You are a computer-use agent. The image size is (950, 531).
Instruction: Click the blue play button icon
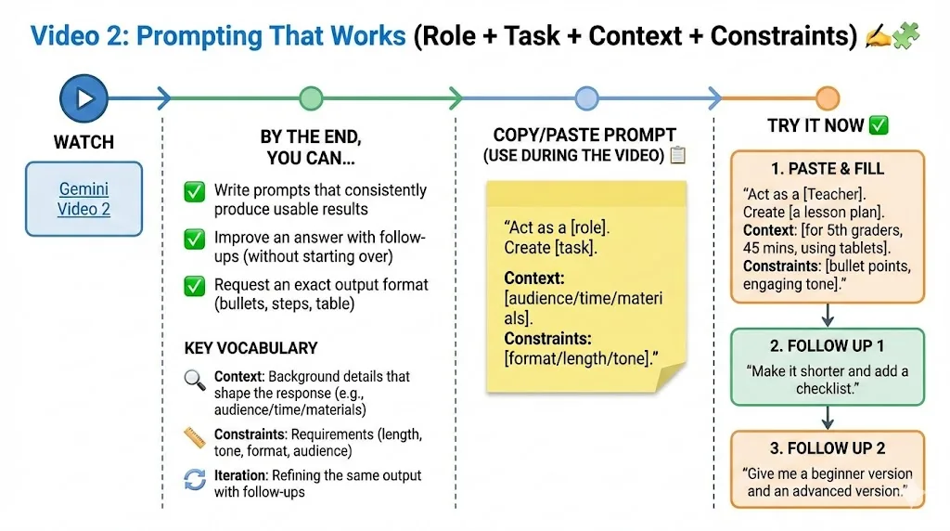pos(83,98)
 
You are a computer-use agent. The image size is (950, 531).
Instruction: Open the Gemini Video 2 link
pos(83,199)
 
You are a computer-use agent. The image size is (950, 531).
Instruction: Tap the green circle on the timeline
pos(311,98)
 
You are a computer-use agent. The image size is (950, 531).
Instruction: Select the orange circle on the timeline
pos(827,98)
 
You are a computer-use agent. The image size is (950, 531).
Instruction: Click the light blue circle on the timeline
pos(586,98)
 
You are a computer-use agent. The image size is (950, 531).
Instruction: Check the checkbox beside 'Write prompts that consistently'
pos(195,191)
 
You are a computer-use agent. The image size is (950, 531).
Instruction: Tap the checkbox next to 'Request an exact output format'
pos(195,286)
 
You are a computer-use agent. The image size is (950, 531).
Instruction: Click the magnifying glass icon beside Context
pos(195,380)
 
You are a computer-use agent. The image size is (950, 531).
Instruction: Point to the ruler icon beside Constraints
pos(195,437)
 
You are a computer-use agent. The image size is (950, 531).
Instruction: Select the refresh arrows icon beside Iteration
pos(195,479)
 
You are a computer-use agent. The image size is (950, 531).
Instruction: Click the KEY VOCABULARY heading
pos(250,348)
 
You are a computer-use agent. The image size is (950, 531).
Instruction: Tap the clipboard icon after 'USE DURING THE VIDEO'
pos(678,155)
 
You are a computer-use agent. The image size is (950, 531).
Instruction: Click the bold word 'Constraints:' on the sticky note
pos(547,338)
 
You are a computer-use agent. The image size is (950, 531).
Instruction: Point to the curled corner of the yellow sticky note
pos(672,377)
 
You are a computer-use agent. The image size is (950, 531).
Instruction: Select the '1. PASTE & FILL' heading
pos(827,169)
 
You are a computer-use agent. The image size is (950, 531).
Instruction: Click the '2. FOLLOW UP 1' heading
pos(827,345)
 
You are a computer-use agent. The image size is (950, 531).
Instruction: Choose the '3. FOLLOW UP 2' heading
pos(827,448)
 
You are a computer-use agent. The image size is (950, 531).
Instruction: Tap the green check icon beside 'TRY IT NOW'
pos(879,125)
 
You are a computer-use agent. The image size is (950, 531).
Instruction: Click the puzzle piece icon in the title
pos(905,35)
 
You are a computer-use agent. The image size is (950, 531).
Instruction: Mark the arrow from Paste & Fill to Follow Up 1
pos(828,316)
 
